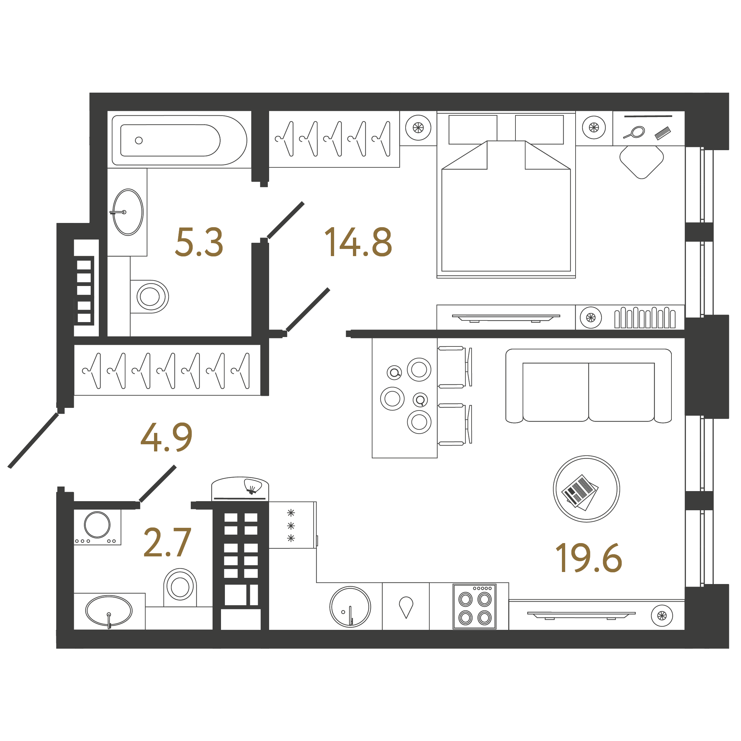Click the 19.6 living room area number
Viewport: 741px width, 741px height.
click(x=588, y=558)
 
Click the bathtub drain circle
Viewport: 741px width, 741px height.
click(x=139, y=140)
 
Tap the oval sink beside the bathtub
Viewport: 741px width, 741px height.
click(x=128, y=212)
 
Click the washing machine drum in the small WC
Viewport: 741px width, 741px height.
click(x=97, y=525)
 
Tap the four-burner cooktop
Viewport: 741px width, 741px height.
click(x=475, y=606)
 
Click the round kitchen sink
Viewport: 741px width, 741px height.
click(x=350, y=607)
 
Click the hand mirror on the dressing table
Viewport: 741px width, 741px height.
click(x=635, y=132)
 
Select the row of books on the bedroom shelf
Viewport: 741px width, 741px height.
click(x=645, y=318)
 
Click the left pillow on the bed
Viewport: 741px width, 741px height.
click(x=473, y=130)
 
